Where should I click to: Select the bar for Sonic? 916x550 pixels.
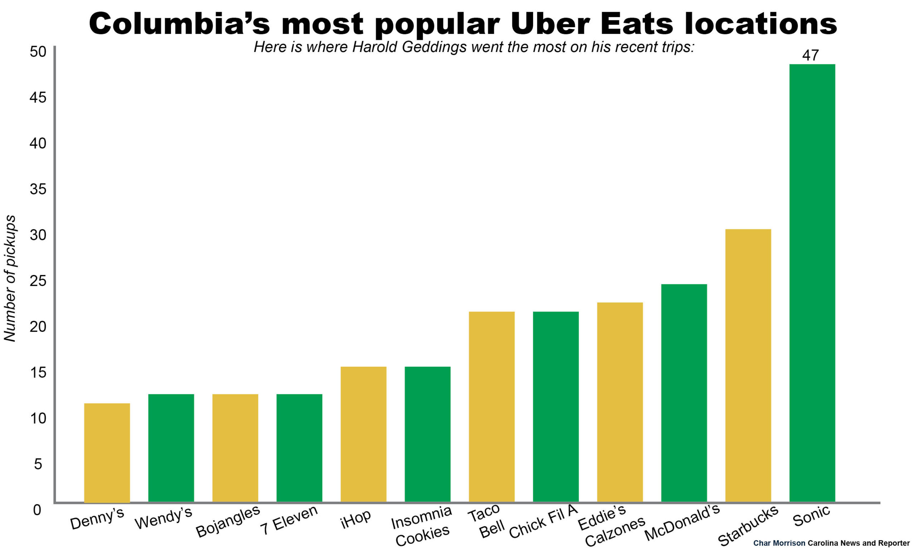(812, 283)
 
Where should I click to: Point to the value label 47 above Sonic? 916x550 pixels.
(810, 55)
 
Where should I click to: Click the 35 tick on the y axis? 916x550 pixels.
(38, 189)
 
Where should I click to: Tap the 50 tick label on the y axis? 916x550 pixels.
(38, 52)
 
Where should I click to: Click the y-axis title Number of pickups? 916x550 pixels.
(10, 278)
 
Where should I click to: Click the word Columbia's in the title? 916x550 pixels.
(179, 24)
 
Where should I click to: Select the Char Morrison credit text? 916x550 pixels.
(779, 543)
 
